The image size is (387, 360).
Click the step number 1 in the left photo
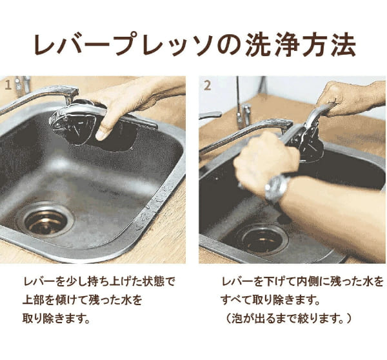[8, 85]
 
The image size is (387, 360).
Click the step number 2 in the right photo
[207, 85]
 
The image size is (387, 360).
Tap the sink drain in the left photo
[45, 219]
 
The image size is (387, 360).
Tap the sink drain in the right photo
[262, 238]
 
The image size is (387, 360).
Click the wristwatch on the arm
[277, 187]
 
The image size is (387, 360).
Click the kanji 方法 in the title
[328, 46]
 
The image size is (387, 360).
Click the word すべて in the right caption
[236, 300]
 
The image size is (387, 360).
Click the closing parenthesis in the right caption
[348, 319]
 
